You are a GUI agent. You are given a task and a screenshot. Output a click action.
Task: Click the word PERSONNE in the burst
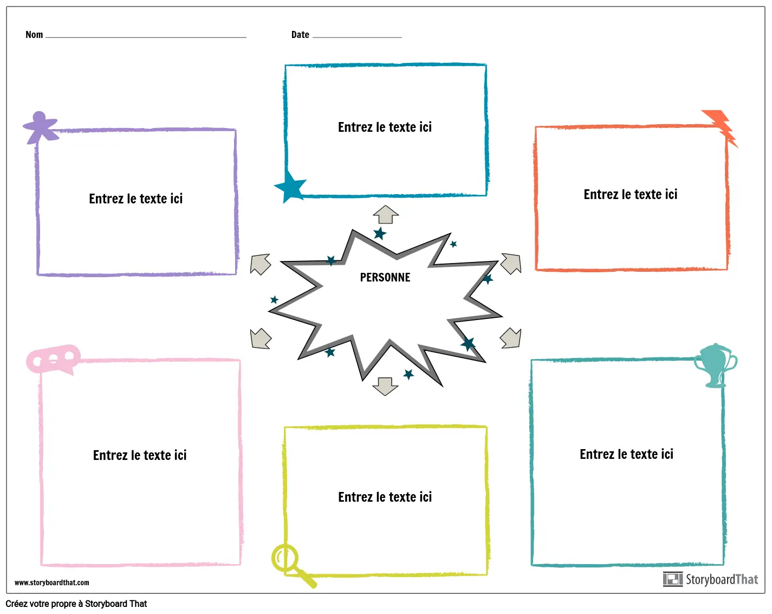(385, 278)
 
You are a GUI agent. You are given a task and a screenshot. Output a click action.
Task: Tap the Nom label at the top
(34, 35)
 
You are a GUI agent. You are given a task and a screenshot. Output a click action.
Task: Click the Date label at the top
(300, 35)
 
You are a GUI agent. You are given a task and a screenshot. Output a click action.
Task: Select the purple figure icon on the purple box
(40, 127)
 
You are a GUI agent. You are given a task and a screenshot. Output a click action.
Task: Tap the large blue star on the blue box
(291, 186)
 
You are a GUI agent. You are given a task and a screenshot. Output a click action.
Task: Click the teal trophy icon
(716, 364)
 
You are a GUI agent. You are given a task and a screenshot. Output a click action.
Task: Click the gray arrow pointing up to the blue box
(386, 215)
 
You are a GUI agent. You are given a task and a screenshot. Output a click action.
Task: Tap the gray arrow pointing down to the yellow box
(385, 386)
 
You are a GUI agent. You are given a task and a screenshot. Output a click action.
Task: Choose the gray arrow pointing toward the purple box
(260, 264)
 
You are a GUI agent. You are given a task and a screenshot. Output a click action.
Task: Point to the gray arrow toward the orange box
(511, 263)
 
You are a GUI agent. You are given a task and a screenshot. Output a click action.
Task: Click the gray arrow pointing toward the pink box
(260, 338)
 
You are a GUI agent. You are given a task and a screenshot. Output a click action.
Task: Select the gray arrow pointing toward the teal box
(510, 338)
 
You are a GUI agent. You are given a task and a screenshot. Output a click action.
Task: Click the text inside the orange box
(630, 195)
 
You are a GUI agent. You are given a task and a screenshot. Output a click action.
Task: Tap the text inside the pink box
(140, 455)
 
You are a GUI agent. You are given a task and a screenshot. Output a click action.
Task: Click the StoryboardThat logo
(710, 579)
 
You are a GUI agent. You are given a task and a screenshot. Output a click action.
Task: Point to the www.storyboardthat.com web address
(52, 583)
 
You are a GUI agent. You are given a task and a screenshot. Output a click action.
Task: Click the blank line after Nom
(146, 36)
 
